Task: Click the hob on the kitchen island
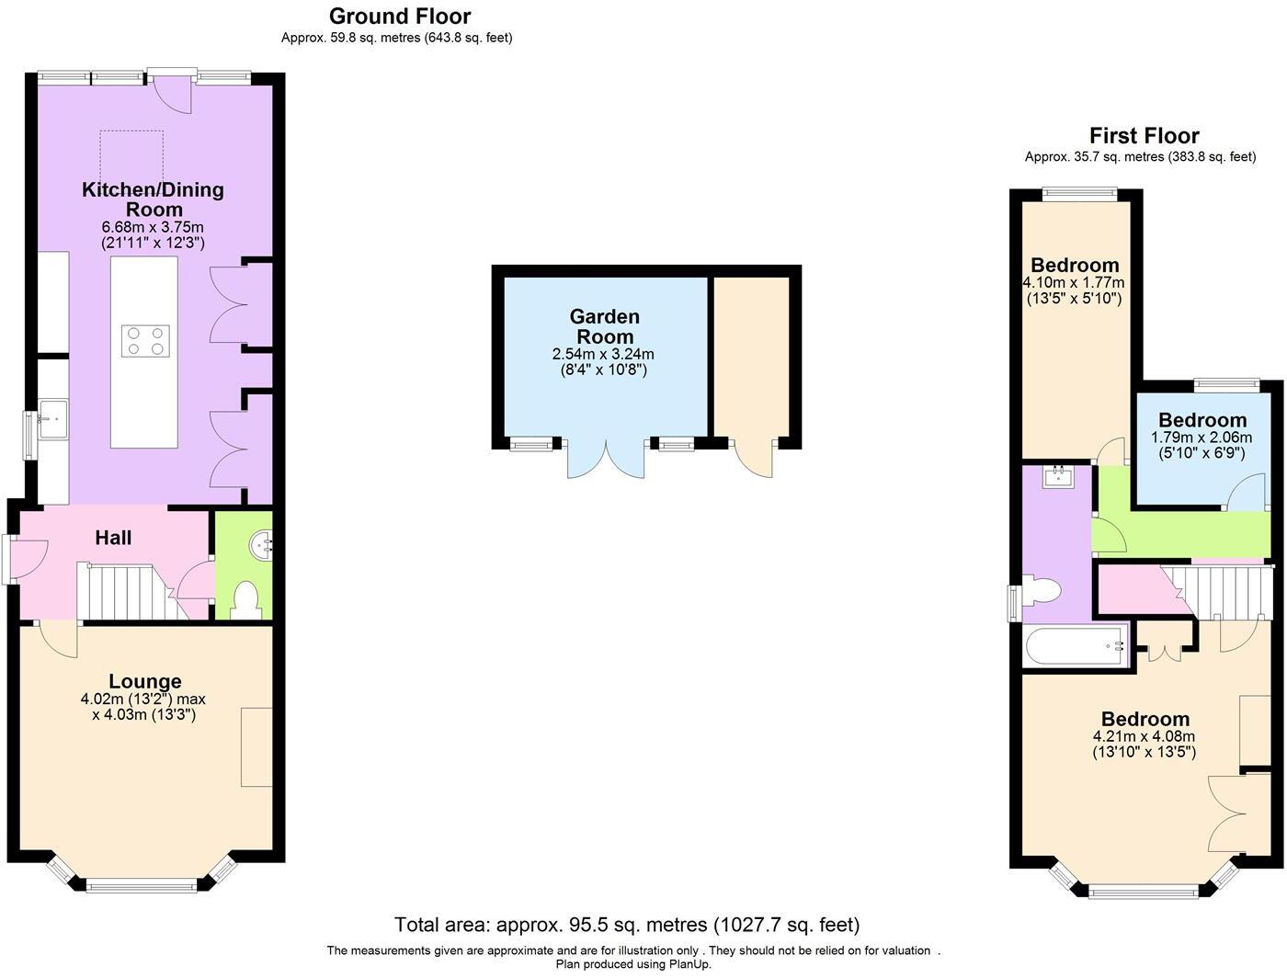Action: (145, 341)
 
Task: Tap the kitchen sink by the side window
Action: (53, 418)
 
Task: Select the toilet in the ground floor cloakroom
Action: (246, 600)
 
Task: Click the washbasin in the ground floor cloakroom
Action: (260, 546)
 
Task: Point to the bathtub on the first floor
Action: (1076, 646)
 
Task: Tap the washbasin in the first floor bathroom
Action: (1059, 476)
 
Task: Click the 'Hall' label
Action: (113, 538)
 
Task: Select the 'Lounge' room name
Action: (145, 681)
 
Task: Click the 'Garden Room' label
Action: (605, 326)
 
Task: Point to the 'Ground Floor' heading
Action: (400, 16)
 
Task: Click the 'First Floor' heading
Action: (1144, 135)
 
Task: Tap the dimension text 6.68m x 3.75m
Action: (153, 227)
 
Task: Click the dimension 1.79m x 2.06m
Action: (1202, 438)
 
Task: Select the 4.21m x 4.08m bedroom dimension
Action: (1144, 736)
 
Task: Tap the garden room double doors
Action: (606, 459)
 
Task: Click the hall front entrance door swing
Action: (28, 560)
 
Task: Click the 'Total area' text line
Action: (627, 926)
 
